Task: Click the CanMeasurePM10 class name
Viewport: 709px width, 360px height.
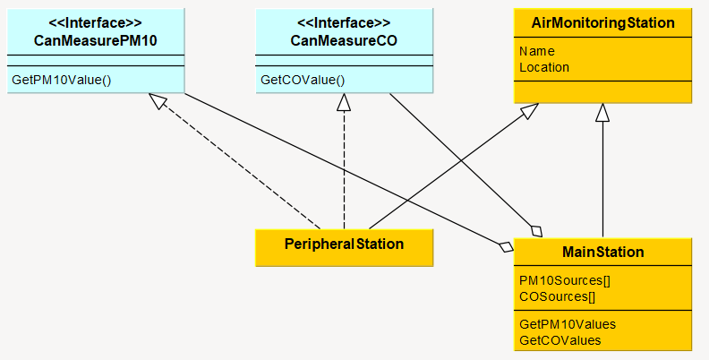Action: pyautogui.click(x=96, y=39)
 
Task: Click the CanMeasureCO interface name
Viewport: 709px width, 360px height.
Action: pyautogui.click(x=345, y=39)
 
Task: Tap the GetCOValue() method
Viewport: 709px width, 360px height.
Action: pyautogui.click(x=303, y=80)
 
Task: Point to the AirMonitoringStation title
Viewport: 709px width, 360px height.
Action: pyautogui.click(x=603, y=22)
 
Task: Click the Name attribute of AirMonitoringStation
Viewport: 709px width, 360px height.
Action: pyautogui.click(x=537, y=51)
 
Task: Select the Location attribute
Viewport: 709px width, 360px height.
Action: pyautogui.click(x=544, y=66)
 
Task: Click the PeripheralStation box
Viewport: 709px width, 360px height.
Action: pyautogui.click(x=345, y=244)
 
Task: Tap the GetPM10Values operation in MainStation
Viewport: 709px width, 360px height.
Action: pyautogui.click(x=568, y=324)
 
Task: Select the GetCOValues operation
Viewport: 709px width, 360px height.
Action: pyautogui.click(x=560, y=339)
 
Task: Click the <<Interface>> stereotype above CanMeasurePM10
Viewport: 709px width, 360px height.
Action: pyautogui.click(x=96, y=23)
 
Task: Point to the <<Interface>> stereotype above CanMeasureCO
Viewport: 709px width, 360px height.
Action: pyautogui.click(x=345, y=23)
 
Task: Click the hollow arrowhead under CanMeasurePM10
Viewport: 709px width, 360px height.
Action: pyautogui.click(x=158, y=101)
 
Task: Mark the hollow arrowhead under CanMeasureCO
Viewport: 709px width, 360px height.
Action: pyautogui.click(x=344, y=102)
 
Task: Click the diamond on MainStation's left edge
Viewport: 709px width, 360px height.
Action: pyautogui.click(x=506, y=245)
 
